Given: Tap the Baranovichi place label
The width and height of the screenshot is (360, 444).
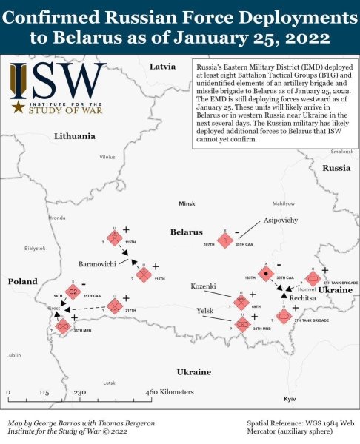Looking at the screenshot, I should (97, 263).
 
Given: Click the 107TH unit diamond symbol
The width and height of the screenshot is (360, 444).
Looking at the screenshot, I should (224, 240).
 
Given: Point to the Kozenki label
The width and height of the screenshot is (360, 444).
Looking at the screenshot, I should (203, 286).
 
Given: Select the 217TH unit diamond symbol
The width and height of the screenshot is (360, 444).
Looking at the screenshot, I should (114, 305).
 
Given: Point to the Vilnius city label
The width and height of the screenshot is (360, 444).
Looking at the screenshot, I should (108, 157).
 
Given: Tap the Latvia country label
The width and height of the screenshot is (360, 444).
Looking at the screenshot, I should (162, 66).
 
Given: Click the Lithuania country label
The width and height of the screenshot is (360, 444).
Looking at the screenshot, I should (75, 136).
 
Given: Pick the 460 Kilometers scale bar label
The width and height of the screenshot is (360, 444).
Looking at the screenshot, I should (168, 391).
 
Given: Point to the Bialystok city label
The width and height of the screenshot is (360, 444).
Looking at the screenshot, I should (35, 249).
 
